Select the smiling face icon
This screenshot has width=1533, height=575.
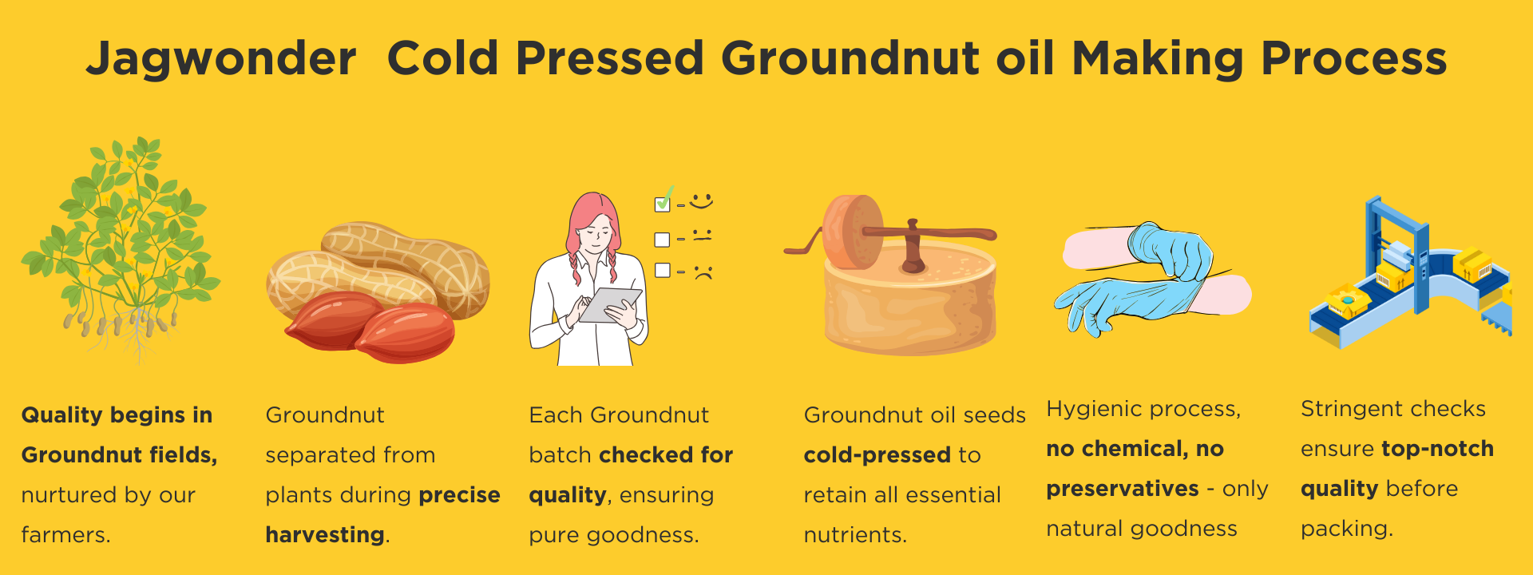(701, 201)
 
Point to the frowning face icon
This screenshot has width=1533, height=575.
(703, 272)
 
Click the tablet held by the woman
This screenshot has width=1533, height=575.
(610, 305)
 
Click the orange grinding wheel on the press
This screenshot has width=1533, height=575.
(853, 232)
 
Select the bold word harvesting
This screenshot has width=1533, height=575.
(324, 534)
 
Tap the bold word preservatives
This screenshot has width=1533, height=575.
(1123, 488)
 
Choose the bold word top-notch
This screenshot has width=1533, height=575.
(1437, 448)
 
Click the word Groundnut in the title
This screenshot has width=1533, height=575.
(850, 58)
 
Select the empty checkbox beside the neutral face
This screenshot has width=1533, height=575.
(662, 239)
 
